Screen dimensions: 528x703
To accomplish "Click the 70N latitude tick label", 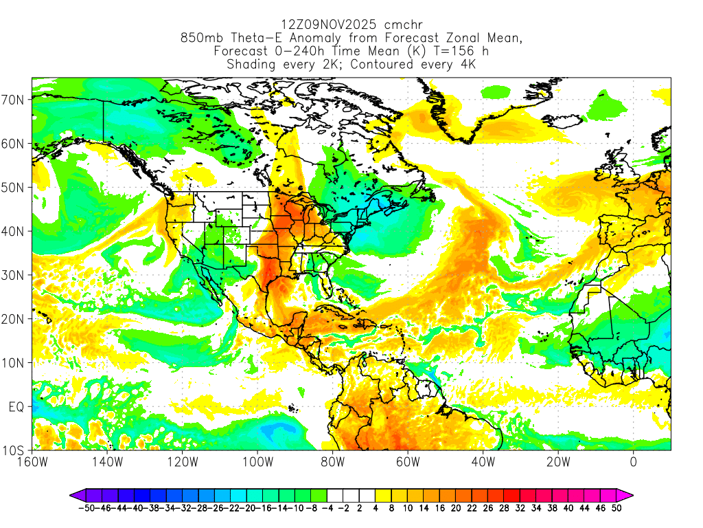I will pos(14,100).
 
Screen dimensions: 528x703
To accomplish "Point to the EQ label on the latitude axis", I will pos(16,407).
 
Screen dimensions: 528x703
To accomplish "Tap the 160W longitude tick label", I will pos(32,462).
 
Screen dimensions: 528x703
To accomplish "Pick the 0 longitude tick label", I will pos(634,462).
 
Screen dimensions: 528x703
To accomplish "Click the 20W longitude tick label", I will pos(558,462).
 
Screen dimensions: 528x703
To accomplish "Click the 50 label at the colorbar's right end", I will pos(616,509).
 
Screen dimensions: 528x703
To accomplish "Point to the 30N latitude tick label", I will pos(14,275).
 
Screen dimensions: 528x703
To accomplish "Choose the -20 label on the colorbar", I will pos(252,509).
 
